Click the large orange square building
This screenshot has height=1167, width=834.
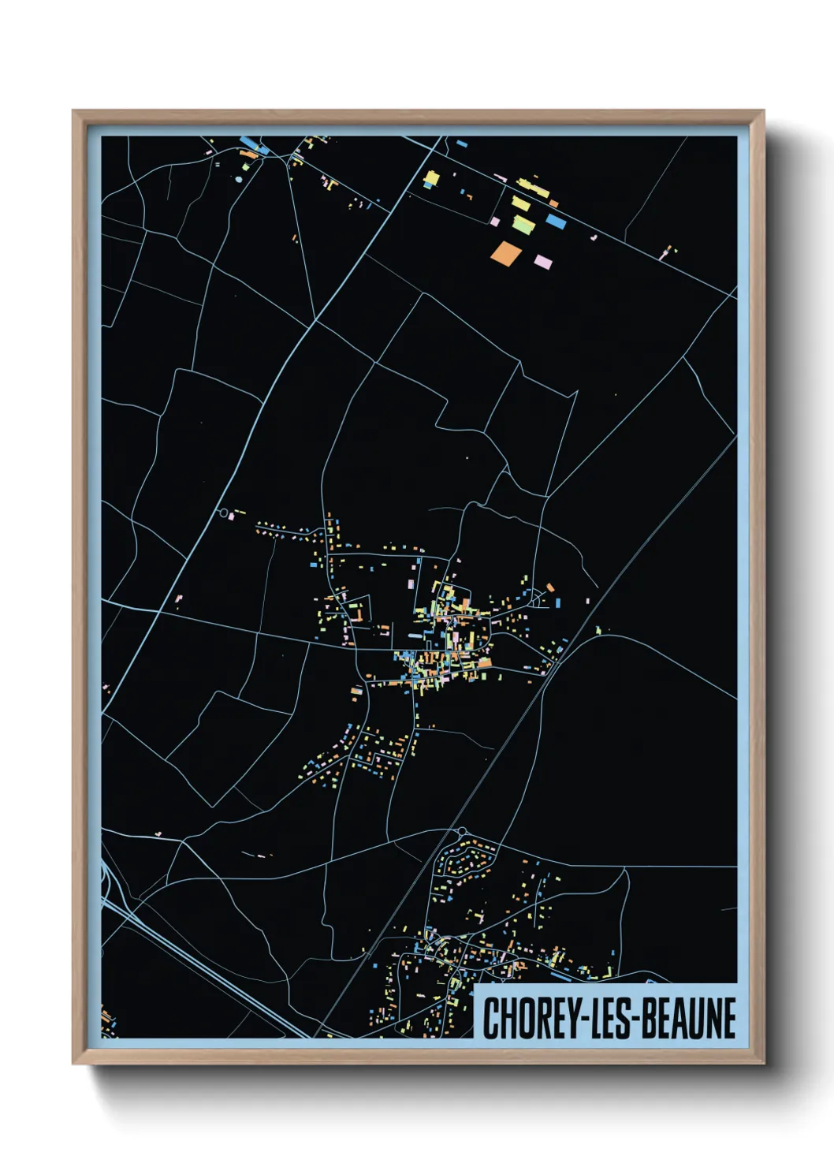tap(505, 252)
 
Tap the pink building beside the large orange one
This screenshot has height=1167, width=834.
tap(542, 261)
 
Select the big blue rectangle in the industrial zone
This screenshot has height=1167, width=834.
tap(556, 222)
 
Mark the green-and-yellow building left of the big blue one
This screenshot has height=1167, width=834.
tap(523, 225)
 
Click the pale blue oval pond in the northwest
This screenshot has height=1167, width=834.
tap(239, 180)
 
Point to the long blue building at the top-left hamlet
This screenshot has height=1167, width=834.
tap(249, 144)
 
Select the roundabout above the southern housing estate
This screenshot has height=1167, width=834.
tap(462, 831)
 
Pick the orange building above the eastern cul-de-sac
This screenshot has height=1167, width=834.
tap(550, 587)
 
